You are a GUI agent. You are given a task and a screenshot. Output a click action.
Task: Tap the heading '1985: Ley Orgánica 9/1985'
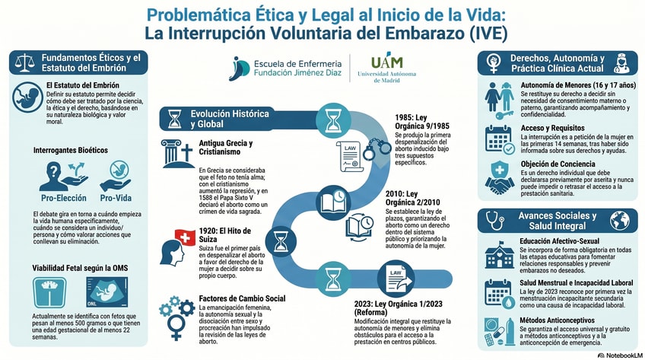[421, 122]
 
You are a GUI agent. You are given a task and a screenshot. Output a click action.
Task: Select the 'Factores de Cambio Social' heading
[242, 298]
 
